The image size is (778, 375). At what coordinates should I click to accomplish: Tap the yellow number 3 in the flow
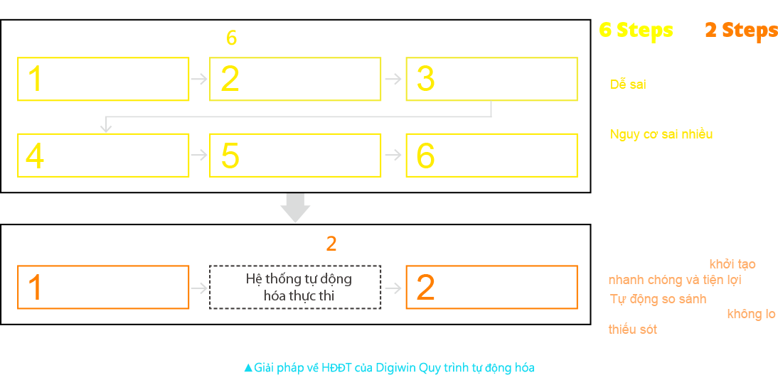tap(425, 79)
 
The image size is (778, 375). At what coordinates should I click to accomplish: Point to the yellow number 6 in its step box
tap(425, 156)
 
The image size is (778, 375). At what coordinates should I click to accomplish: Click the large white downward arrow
tap(295, 207)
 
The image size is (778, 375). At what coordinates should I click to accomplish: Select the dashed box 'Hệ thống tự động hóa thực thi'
tap(295, 287)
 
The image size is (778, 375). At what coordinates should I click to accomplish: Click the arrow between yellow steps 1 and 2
tap(200, 79)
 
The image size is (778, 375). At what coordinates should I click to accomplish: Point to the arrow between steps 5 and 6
tap(393, 154)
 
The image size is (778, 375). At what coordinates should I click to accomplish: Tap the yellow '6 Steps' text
tap(635, 30)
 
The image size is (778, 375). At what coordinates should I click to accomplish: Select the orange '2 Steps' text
tap(740, 30)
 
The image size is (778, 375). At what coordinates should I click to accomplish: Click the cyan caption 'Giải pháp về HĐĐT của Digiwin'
tap(388, 367)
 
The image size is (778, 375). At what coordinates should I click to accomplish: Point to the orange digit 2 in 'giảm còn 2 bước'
tap(331, 244)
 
